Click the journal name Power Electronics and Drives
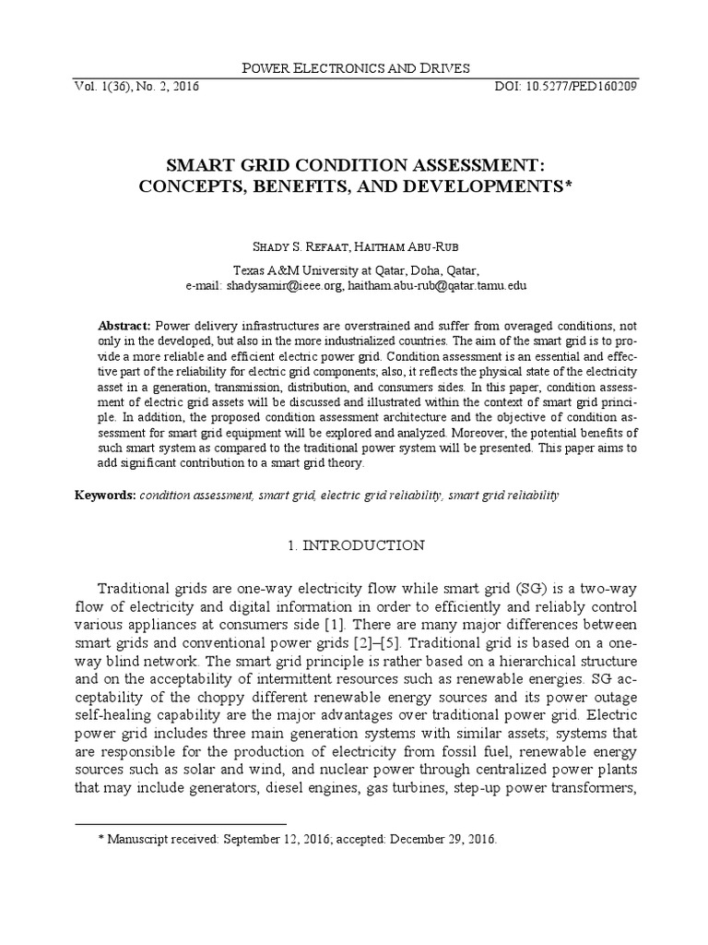coord(354,67)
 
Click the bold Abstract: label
coord(124,327)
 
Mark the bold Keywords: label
coord(105,496)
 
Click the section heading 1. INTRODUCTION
coord(354,545)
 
